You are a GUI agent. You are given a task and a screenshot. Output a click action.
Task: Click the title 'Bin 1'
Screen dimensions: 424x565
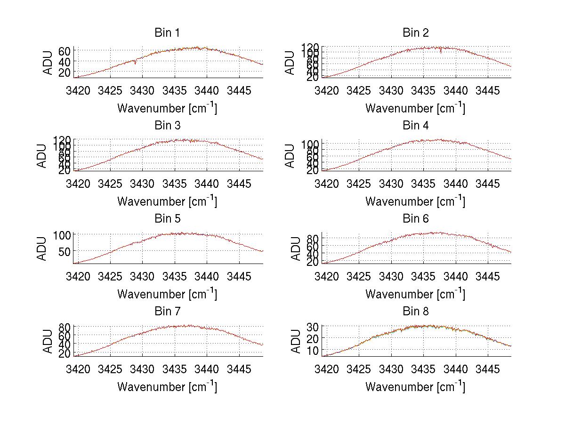[167, 33]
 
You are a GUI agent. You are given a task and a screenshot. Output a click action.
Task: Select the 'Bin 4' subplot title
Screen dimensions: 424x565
[416, 126]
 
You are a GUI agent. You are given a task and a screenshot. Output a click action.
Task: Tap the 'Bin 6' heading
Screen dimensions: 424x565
[416, 219]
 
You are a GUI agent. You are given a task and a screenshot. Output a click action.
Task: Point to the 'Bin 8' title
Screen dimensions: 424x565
[416, 312]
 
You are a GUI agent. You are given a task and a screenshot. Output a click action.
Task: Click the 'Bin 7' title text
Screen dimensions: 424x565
[167, 312]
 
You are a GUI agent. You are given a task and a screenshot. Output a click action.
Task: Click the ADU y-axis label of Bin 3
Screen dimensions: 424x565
[42, 155]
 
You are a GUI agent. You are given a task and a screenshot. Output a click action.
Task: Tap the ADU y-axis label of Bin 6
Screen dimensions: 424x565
[295, 248]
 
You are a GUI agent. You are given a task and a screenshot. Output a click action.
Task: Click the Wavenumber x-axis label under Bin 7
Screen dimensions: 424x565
[167, 386]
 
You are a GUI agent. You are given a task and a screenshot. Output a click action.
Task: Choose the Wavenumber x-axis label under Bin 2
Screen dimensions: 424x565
[415, 108]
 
